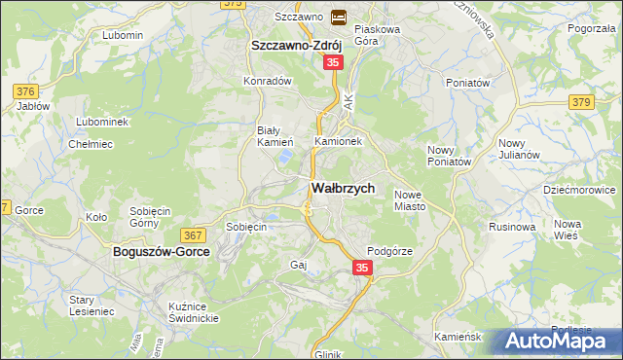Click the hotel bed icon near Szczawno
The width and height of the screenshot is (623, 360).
coord(339,17)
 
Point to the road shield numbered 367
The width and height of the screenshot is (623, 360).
coord(192,234)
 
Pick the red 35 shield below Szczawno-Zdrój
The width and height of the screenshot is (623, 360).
coord(333,62)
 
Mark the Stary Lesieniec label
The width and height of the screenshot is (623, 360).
coord(92,307)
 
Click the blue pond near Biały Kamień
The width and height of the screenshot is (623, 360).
coord(284,155)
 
